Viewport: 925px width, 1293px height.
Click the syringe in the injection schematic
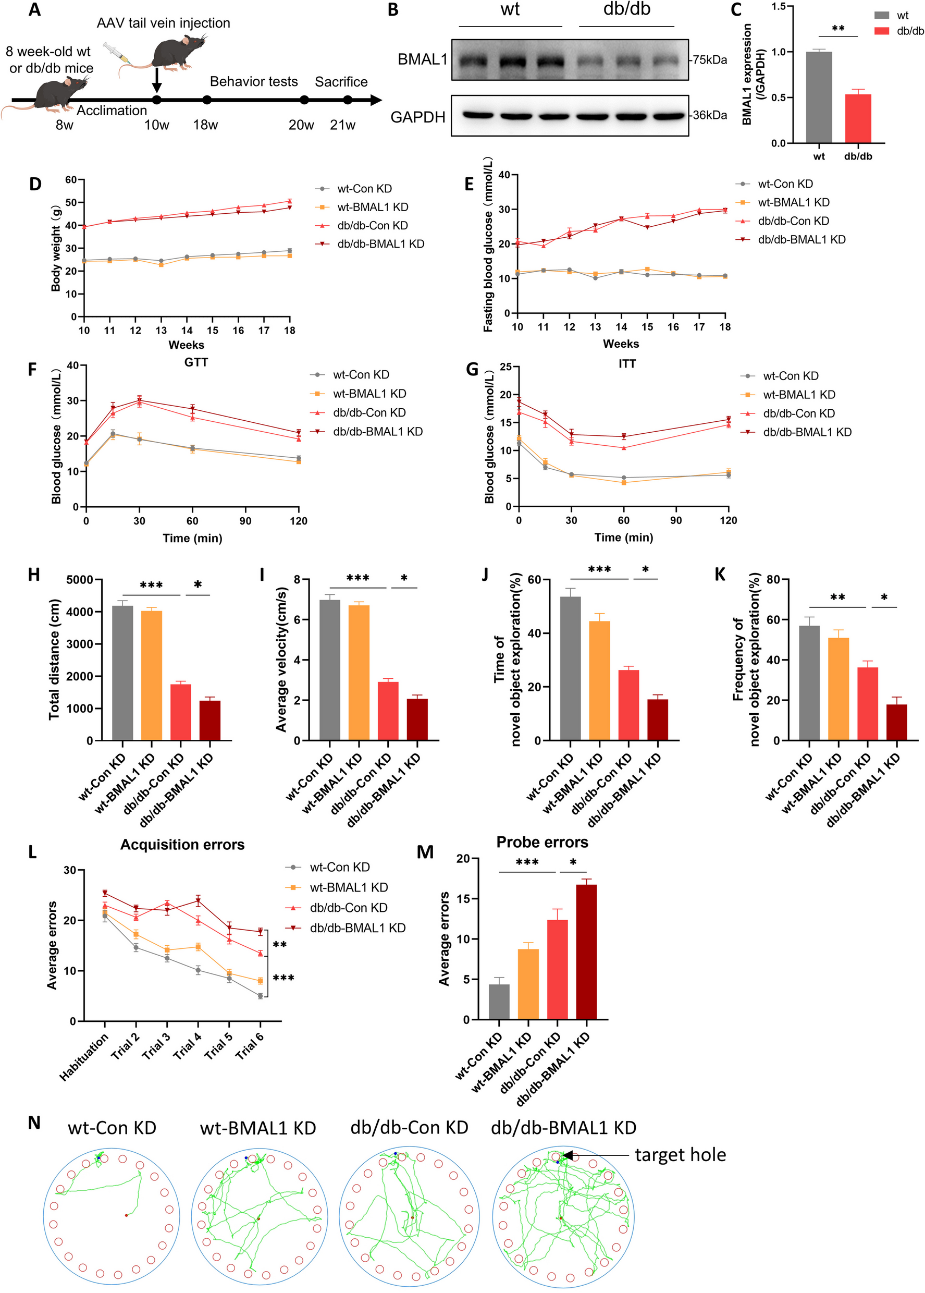coord(117,53)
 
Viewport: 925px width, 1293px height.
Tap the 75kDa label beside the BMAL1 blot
coord(709,60)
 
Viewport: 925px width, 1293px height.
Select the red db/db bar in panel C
coord(858,118)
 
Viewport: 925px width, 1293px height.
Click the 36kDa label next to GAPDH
coord(709,115)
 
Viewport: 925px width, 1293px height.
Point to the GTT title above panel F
coord(196,362)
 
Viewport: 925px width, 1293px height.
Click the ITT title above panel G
coord(627,363)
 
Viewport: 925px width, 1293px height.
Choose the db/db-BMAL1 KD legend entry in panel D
coord(380,244)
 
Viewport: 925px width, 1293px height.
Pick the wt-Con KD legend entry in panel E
coord(785,184)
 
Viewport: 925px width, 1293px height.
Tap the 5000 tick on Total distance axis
coord(80,580)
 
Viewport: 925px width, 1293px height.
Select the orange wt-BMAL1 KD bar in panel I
coord(359,673)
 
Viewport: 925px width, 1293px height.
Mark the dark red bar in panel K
coord(896,722)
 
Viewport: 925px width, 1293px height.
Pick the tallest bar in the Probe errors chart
coord(586,952)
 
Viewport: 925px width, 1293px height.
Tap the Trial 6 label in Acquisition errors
coord(250,1046)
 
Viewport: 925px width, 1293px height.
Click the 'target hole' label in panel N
coord(680,1155)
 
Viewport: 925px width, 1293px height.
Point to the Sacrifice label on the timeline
coord(341,82)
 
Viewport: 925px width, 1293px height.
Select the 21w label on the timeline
coord(342,125)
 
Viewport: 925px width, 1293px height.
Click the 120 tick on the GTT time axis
coord(299,521)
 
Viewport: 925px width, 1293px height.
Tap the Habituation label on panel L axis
coord(84,1057)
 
